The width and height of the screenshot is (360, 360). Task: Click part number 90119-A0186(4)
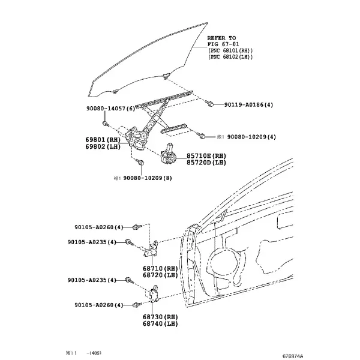click(x=248, y=105)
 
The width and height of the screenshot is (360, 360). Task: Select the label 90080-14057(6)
click(x=111, y=109)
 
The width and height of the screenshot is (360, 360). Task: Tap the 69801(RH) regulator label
click(x=103, y=140)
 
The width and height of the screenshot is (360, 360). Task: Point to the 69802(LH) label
click(x=103, y=146)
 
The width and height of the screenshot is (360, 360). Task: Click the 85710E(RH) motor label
click(x=206, y=156)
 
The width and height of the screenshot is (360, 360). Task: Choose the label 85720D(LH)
click(x=206, y=163)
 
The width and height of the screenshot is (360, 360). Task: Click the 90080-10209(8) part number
click(x=148, y=178)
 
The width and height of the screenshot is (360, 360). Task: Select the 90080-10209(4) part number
click(x=251, y=137)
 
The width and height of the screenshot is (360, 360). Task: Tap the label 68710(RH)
click(x=160, y=268)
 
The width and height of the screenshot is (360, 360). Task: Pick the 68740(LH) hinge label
click(x=160, y=324)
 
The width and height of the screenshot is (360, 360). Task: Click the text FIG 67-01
click(x=223, y=44)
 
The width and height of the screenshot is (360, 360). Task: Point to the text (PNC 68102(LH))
click(x=230, y=57)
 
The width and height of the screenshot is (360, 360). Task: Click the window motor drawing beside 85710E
click(x=169, y=154)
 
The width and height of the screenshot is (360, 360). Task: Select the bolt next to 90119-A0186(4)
click(x=211, y=104)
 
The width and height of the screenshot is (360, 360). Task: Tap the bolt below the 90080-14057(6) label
click(x=105, y=123)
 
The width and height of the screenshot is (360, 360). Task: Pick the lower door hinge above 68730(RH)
click(x=154, y=293)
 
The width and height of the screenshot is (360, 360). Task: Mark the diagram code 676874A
click(x=293, y=356)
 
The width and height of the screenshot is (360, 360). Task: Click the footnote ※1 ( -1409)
click(x=83, y=353)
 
